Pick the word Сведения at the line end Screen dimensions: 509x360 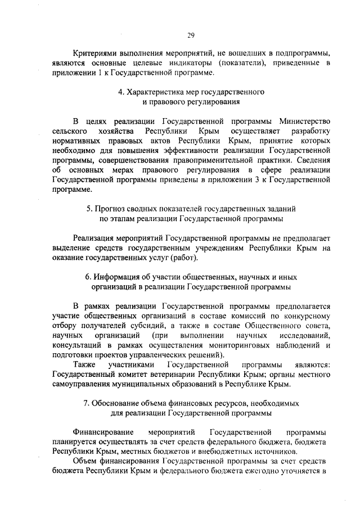pyautogui.click(x=311, y=161)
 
